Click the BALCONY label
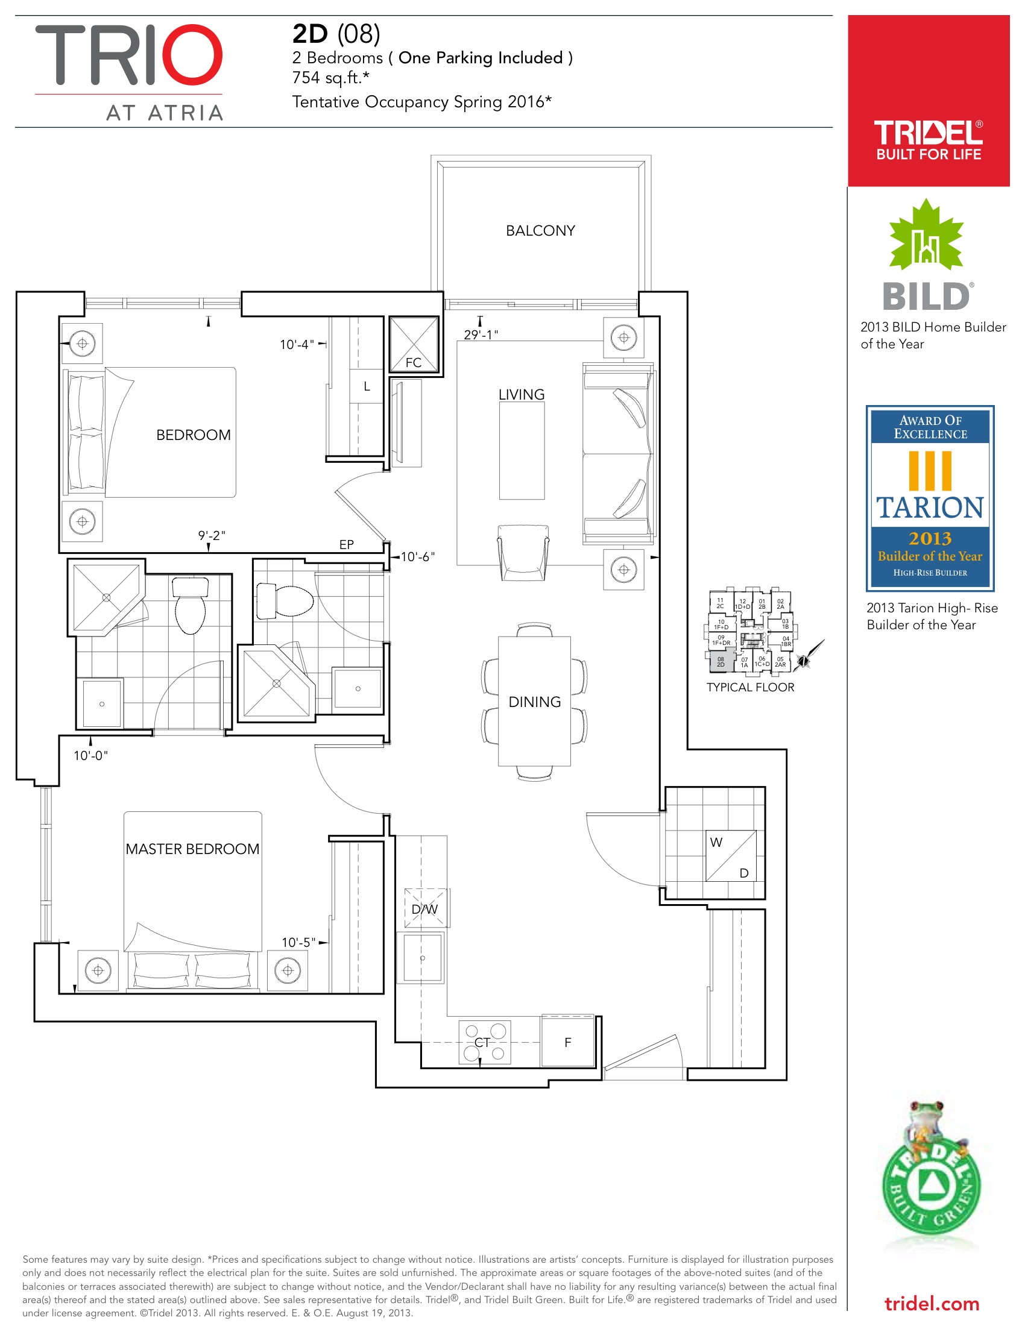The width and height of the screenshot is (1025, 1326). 540,231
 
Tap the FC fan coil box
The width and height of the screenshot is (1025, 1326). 414,344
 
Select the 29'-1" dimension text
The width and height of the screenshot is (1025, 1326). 481,335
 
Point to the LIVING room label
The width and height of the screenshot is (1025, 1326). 521,395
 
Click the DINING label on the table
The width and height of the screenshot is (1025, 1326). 534,702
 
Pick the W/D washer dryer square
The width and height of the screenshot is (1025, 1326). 731,856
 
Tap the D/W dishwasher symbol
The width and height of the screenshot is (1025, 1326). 424,909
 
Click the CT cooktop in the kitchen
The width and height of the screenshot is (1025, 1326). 485,1043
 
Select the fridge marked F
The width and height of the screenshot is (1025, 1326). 568,1042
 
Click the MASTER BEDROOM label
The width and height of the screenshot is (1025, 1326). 192,849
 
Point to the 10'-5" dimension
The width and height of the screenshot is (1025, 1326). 298,942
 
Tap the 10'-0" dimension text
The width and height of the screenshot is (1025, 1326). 90,755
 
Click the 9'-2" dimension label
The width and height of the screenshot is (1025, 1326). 211,535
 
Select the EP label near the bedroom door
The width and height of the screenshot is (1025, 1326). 346,545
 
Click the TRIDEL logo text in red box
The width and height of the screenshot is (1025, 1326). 928,133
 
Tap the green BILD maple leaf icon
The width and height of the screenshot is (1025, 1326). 926,236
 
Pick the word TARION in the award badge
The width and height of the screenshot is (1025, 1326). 930,507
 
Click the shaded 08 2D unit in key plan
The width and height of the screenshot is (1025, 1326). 721,661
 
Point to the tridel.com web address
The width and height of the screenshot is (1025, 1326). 932,1303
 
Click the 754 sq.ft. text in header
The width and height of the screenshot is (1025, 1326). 330,78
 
